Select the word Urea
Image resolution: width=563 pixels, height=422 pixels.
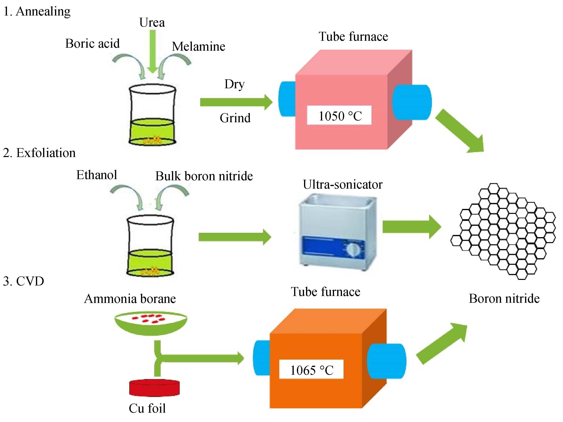coord(152,22)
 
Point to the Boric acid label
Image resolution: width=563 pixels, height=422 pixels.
coord(92,43)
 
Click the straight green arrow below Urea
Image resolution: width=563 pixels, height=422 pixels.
coord(153,51)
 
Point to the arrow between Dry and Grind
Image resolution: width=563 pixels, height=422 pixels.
coord(236,102)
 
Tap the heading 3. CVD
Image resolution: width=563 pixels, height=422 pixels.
coord(23,281)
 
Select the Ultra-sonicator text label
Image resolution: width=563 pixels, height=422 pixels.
coord(343,184)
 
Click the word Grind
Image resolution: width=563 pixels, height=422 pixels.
coord(235,118)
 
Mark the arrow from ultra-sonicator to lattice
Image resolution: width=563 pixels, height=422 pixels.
coord(411,227)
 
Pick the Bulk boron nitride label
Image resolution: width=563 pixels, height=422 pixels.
coord(204,176)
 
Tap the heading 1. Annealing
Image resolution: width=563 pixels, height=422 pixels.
coord(37,12)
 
